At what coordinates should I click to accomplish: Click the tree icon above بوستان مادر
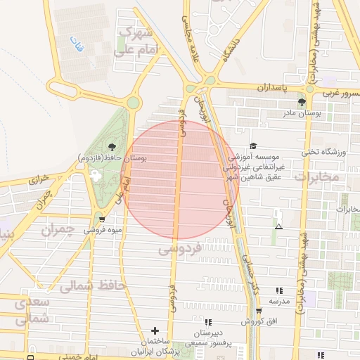302,102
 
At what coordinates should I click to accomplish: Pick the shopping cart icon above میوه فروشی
103,219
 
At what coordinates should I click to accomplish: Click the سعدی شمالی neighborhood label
32,309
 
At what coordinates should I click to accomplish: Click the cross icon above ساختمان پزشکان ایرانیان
155,330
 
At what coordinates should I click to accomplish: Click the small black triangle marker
279,227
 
